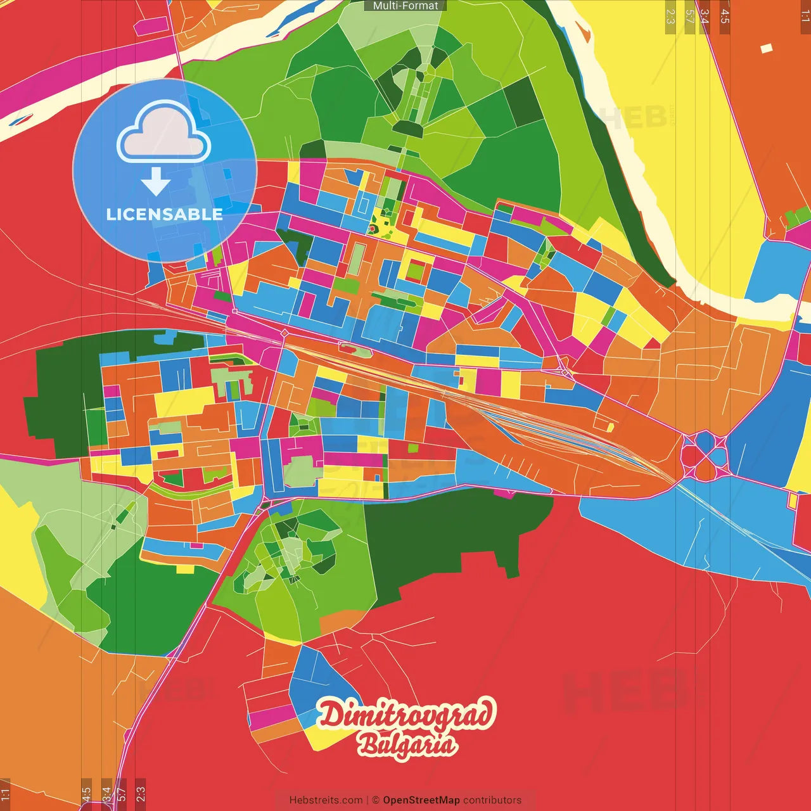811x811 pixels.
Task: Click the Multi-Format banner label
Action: pyautogui.click(x=405, y=6)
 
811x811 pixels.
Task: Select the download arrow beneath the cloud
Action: pyautogui.click(x=156, y=182)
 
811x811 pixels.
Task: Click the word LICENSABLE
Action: pyautogui.click(x=164, y=214)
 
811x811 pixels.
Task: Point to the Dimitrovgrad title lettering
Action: pyautogui.click(x=405, y=715)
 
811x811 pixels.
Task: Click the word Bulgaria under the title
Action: pyautogui.click(x=407, y=745)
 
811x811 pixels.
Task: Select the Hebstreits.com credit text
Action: pyautogui.click(x=326, y=800)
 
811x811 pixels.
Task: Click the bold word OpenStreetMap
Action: pyautogui.click(x=421, y=800)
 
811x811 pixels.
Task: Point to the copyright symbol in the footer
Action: pyautogui.click(x=375, y=800)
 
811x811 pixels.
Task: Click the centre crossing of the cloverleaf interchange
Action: pyautogui.click(x=705, y=456)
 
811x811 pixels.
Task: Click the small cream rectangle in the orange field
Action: pyautogui.click(x=767, y=48)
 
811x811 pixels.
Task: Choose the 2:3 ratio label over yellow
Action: pyautogui.click(x=670, y=16)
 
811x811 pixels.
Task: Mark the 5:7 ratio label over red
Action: pyautogui.click(x=122, y=793)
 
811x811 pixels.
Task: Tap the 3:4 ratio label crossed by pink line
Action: pyautogui.click(x=705, y=16)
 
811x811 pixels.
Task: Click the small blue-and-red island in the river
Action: pyautogui.click(x=23, y=118)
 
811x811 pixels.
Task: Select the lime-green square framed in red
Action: pyautogui.click(x=415, y=271)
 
